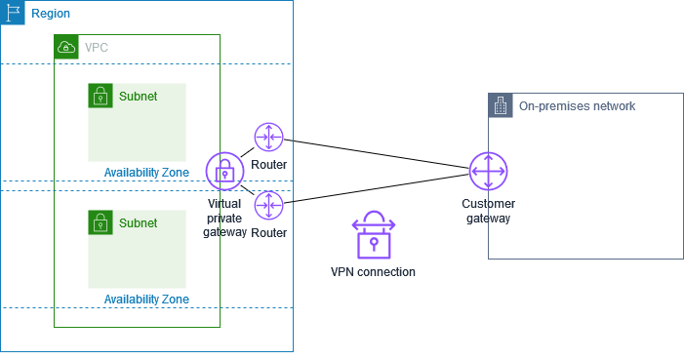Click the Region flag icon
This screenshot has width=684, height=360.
(x=13, y=13)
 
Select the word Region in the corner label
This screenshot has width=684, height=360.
(x=51, y=15)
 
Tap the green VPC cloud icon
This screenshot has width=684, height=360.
(x=66, y=47)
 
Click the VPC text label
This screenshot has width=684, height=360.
(x=97, y=47)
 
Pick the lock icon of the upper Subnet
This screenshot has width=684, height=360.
(x=100, y=95)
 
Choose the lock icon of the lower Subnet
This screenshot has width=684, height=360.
(x=100, y=221)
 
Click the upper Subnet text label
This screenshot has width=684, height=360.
(x=138, y=97)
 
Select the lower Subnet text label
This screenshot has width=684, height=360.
(x=138, y=223)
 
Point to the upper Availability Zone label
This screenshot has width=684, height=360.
(x=146, y=173)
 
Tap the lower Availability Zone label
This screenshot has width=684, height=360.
(x=146, y=300)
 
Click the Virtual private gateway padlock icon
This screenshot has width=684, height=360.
(x=224, y=172)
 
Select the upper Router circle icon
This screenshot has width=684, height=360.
(x=268, y=138)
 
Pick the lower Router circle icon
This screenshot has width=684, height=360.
(x=268, y=205)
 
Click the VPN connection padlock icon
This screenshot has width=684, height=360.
(x=373, y=235)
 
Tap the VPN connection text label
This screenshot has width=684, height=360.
(x=373, y=272)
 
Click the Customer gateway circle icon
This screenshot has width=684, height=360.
(x=487, y=172)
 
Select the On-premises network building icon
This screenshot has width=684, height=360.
(x=500, y=105)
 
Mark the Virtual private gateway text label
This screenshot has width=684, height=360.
(x=225, y=219)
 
